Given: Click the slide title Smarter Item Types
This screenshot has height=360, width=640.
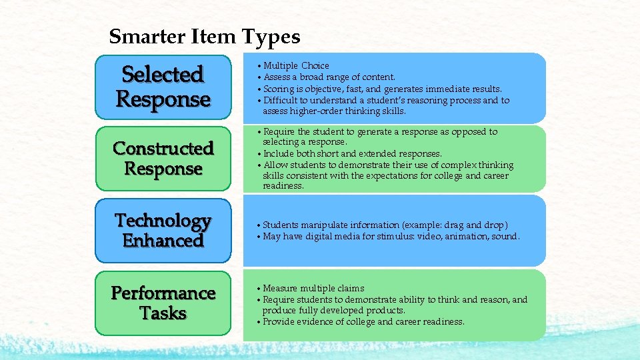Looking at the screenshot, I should tap(205, 36).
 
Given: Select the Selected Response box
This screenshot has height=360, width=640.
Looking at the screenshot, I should tap(163, 87).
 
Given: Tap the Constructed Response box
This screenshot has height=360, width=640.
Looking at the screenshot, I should tap(163, 159).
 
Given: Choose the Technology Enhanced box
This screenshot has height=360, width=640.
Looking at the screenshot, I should tap(163, 231).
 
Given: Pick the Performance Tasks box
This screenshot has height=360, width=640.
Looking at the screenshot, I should tap(163, 303).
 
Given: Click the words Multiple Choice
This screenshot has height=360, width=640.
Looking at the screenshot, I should tap(296, 65).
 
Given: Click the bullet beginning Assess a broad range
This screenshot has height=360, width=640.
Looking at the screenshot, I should tap(329, 77).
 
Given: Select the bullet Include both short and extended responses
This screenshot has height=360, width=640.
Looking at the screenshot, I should tap(352, 153).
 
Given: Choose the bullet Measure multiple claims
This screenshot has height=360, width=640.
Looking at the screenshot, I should tap(313, 288).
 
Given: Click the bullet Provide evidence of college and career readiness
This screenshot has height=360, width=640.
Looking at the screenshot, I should tap(363, 321).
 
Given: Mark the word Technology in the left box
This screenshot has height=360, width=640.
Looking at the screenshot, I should tap(163, 220).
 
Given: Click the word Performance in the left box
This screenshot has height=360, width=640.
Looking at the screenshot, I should tap(163, 293).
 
